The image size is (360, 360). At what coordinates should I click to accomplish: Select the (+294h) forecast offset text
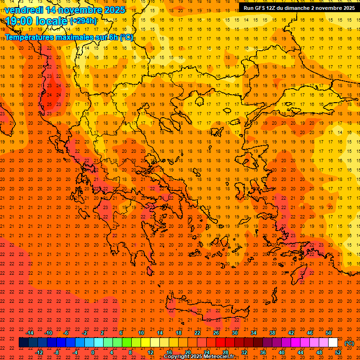tap(83, 21)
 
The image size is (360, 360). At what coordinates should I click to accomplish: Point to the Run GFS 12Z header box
tap(299, 7)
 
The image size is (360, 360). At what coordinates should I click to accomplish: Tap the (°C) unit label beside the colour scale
tap(349, 343)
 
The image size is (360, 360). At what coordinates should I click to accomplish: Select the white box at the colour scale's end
tap(333, 343)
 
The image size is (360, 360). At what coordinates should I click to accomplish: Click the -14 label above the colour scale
tap(30, 333)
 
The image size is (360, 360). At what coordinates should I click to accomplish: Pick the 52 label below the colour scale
tap(338, 352)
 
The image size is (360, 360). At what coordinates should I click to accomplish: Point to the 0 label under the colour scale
tap(93, 352)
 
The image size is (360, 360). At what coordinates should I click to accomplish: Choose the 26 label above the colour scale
tap(216, 333)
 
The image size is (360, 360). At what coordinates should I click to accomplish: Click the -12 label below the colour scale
tap(39, 352)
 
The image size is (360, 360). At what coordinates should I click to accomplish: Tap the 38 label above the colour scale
tap(272, 333)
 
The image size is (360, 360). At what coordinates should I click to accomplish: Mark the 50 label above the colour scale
tap(329, 333)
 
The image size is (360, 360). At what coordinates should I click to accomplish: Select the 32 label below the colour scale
tap(244, 352)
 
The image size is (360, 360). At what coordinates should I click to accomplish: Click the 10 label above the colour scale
tap(141, 333)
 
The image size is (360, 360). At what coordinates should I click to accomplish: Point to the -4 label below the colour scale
tap(75, 352)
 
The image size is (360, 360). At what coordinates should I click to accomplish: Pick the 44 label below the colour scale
tap(300, 352)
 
